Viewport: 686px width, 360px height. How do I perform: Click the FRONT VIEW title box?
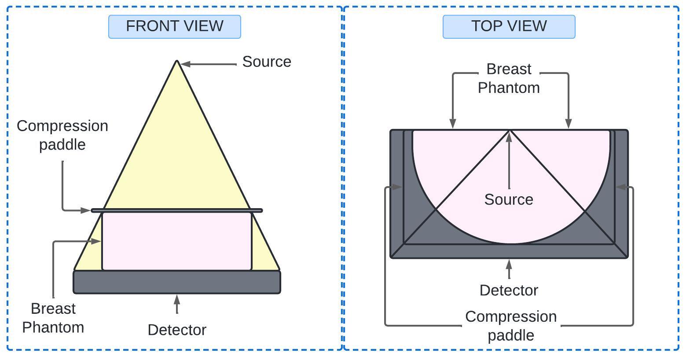click(x=175, y=26)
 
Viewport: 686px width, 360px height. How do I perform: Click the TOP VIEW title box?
click(x=509, y=26)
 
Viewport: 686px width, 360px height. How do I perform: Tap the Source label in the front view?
click(x=267, y=62)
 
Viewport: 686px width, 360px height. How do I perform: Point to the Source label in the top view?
click(x=509, y=200)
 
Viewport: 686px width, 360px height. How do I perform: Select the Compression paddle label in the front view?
click(x=62, y=135)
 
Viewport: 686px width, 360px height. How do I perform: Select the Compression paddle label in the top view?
click(x=511, y=326)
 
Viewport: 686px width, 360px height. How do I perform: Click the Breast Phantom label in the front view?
click(x=53, y=318)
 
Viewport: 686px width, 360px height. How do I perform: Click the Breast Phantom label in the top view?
click(x=509, y=78)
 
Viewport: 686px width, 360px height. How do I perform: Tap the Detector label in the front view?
click(x=177, y=330)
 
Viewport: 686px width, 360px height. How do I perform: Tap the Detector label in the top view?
click(x=509, y=290)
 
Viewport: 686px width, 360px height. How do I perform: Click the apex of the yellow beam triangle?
click(x=177, y=62)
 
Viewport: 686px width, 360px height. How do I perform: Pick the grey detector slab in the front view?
click(x=177, y=282)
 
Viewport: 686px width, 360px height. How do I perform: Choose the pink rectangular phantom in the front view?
click(x=177, y=241)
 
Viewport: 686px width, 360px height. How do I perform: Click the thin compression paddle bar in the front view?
click(x=177, y=210)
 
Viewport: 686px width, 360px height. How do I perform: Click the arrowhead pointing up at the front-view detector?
click(x=177, y=299)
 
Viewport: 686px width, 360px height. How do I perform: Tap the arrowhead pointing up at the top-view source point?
click(x=509, y=136)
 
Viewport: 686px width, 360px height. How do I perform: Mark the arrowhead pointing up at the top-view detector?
click(x=509, y=264)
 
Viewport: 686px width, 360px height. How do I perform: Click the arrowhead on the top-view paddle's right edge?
click(x=621, y=187)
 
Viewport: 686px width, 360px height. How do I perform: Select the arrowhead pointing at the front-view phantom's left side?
click(x=95, y=241)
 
